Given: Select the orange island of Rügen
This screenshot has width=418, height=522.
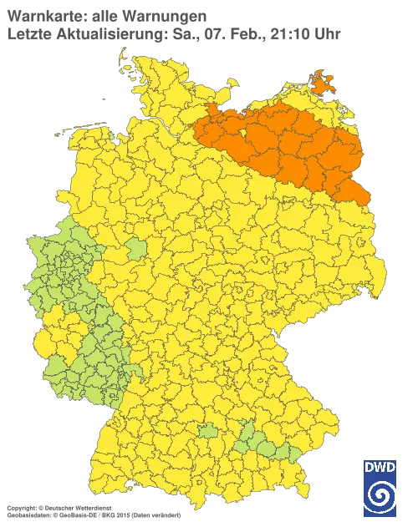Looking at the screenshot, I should pyautogui.click(x=321, y=81).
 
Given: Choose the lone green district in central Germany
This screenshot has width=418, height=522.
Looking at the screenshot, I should pyautogui.click(x=135, y=248).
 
